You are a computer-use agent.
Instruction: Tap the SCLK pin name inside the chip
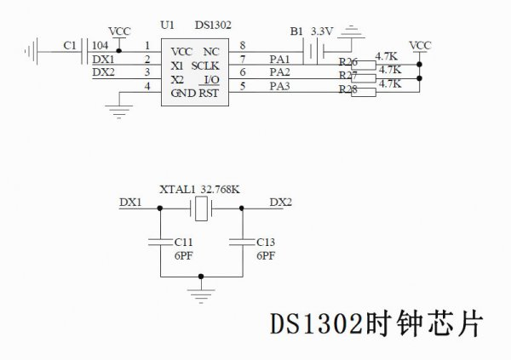coord(207,66)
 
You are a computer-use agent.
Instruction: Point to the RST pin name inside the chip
coord(209,94)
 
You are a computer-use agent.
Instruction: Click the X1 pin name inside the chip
coord(177,66)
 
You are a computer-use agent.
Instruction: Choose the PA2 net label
coord(279,72)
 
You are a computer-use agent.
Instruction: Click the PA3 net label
coord(279,86)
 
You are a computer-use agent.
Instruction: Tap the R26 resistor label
coord(347,62)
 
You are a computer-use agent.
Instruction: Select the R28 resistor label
coord(347,89)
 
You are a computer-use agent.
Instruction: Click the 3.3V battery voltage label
coord(321,31)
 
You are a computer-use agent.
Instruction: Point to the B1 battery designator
coord(296,31)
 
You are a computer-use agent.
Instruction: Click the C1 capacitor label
coord(70,45)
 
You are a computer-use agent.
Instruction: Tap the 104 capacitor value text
coord(99,45)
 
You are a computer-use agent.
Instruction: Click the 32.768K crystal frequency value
coord(220,190)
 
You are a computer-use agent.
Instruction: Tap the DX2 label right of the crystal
coord(280,203)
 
